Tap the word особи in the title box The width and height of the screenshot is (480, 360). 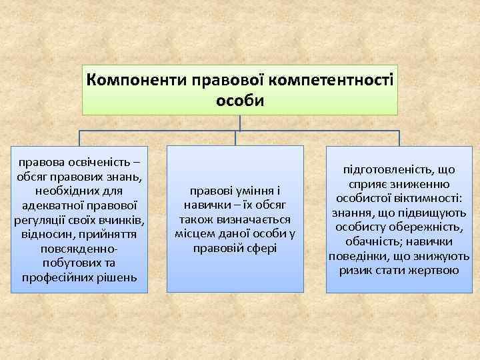[240, 101]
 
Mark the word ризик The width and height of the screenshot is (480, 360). [359, 271]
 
